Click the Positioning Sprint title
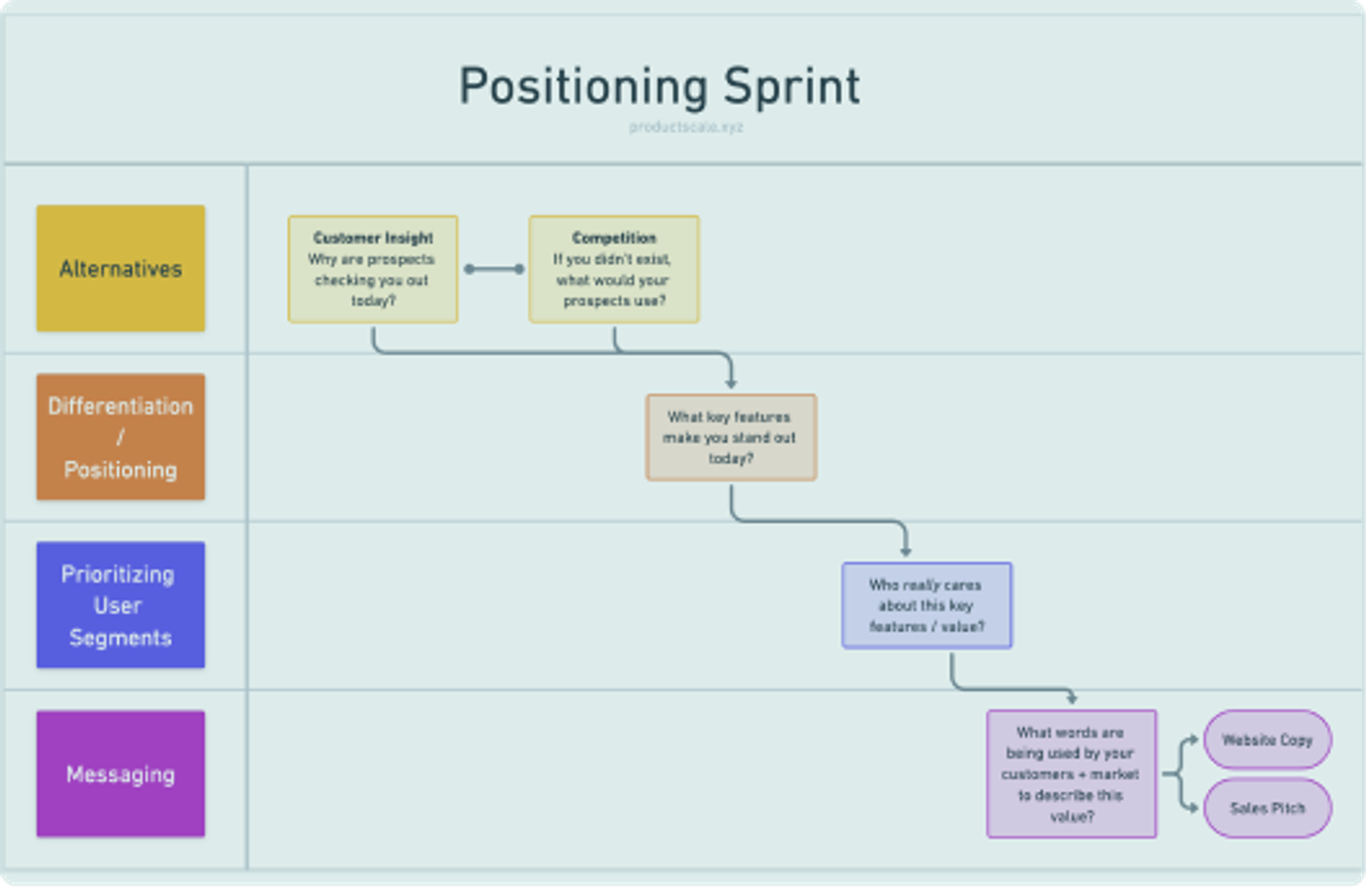[658, 87]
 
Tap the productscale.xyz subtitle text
[686, 127]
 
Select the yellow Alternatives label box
[120, 269]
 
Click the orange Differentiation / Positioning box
[120, 437]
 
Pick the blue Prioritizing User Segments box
[120, 606]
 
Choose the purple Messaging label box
[120, 774]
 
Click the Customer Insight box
[372, 270]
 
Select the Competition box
[614, 270]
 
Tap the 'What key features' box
[730, 437]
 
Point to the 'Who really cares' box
[926, 606]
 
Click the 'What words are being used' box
[1071, 774]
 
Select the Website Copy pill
[1267, 739]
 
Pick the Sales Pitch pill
[1267, 808]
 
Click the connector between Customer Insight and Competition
[494, 269]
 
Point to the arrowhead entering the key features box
[730, 384]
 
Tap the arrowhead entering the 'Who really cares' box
[905, 552]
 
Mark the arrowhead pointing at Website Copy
[1193, 739]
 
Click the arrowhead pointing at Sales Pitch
[1193, 808]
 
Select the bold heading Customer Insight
[372, 238]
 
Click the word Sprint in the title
[791, 87]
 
